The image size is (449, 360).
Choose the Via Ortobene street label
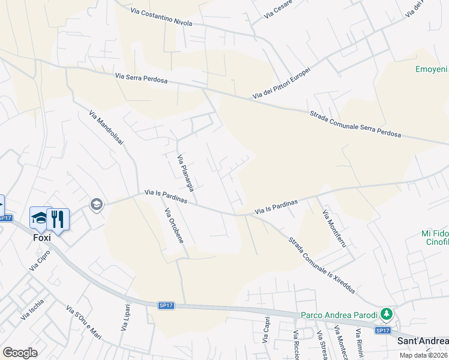coord(173,225)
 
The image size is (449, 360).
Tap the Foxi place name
coord(41,236)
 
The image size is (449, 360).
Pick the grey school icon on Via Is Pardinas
coord(95,205)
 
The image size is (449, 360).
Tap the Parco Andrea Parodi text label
coord(339,314)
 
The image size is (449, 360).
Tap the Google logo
coord(20,353)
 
